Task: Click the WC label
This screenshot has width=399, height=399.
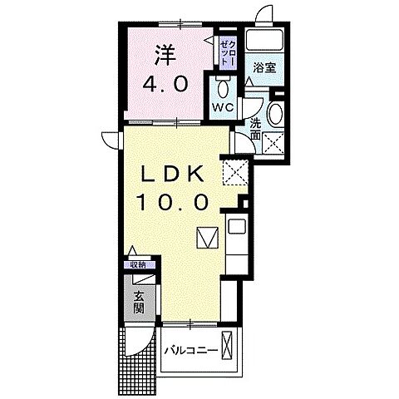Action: [221, 108]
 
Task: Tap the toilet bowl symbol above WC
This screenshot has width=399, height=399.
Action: [221, 86]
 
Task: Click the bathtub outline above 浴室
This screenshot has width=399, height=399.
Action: [265, 42]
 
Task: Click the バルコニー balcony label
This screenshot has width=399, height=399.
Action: [190, 350]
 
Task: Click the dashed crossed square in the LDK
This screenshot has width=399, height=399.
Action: [235, 175]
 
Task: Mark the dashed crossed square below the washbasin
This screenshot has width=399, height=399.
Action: [273, 142]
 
